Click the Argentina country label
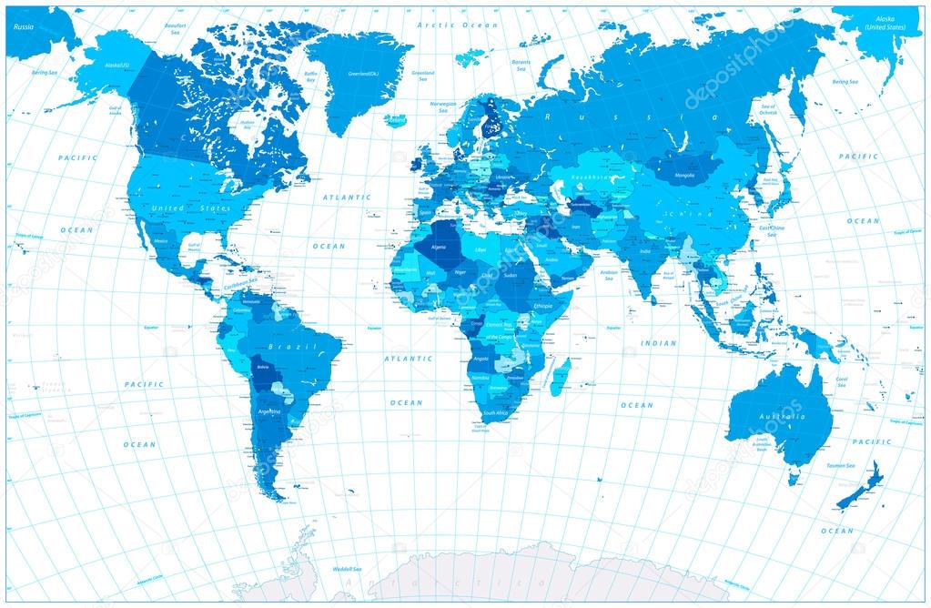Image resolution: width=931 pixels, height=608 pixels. [x=270, y=411]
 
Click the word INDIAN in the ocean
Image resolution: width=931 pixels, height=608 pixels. [x=659, y=343]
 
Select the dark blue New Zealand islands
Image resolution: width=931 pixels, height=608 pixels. [x=859, y=487]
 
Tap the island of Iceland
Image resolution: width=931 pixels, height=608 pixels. [x=395, y=119]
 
